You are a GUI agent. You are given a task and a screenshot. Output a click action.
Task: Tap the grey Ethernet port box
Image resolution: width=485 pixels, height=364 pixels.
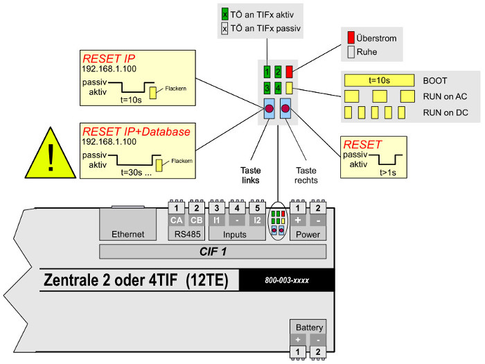(x=127, y=223)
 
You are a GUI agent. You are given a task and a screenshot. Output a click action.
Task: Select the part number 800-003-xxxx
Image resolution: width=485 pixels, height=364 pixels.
(x=287, y=281)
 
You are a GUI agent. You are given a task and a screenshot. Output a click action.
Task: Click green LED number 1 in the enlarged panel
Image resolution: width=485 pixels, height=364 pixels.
(x=267, y=71)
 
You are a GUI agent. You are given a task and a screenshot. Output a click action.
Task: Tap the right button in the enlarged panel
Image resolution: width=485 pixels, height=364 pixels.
(x=285, y=108)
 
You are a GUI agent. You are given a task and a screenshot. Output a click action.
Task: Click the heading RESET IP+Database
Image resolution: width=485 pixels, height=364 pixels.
(x=136, y=131)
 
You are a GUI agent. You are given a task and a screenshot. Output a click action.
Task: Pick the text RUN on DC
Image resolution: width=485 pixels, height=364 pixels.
(x=446, y=112)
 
